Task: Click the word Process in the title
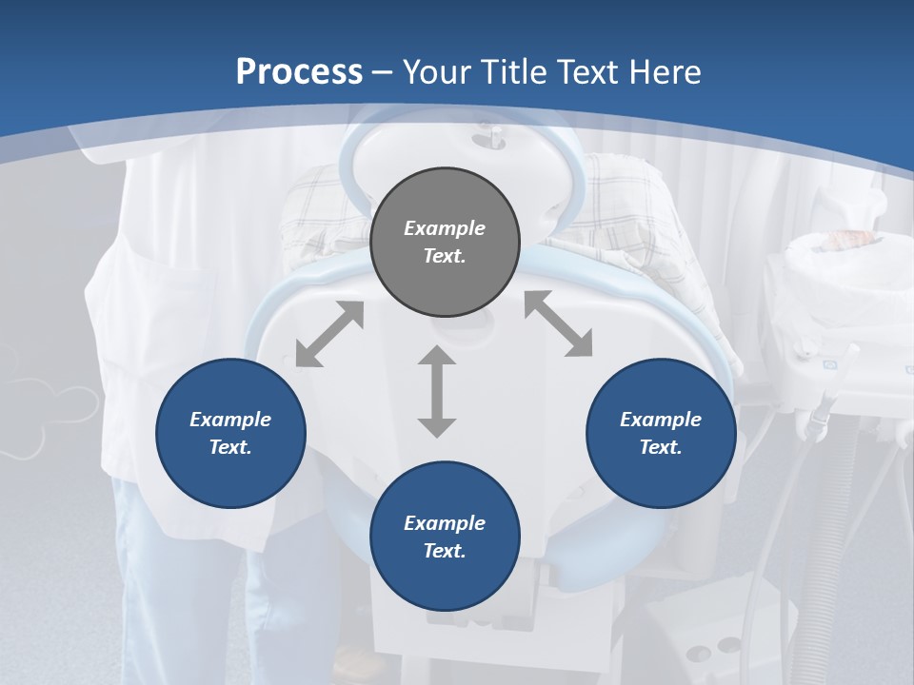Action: (x=299, y=72)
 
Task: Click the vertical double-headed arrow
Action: (x=437, y=391)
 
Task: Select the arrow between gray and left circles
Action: (x=329, y=334)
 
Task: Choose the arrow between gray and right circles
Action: (x=558, y=324)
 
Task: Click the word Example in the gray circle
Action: (x=445, y=228)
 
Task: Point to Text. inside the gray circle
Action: (x=445, y=256)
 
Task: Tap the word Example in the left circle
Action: (x=230, y=420)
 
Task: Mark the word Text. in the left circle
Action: (x=230, y=447)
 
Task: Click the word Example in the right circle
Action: (x=661, y=420)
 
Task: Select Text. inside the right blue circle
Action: (x=661, y=447)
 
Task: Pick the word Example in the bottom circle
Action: (x=445, y=523)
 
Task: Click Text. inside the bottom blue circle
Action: (x=445, y=551)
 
